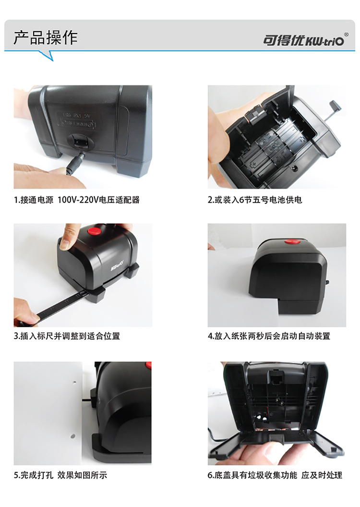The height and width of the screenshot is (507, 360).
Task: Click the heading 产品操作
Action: coord(46,38)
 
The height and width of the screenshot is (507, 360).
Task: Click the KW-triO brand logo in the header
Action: coord(303,40)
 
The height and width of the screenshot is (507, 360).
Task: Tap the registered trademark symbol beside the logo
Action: coord(346,34)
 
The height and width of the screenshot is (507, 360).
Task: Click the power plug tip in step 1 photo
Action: coord(75,164)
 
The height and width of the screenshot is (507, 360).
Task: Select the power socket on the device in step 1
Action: coord(81,142)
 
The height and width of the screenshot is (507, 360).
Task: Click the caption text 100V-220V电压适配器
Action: coord(98,200)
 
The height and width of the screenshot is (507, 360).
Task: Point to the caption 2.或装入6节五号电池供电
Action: coord(255,200)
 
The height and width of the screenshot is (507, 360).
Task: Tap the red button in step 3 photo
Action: coord(95,231)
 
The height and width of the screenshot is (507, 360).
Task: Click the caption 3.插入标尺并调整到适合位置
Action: coord(67,336)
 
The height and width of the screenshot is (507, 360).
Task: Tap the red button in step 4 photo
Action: coord(292,241)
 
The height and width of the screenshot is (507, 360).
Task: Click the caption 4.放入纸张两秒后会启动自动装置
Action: coord(269,336)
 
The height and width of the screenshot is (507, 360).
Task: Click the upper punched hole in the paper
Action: coord(75,382)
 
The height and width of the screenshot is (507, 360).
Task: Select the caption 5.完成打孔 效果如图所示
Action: coord(60,475)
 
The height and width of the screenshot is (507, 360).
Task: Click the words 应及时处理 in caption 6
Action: coord(322,475)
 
